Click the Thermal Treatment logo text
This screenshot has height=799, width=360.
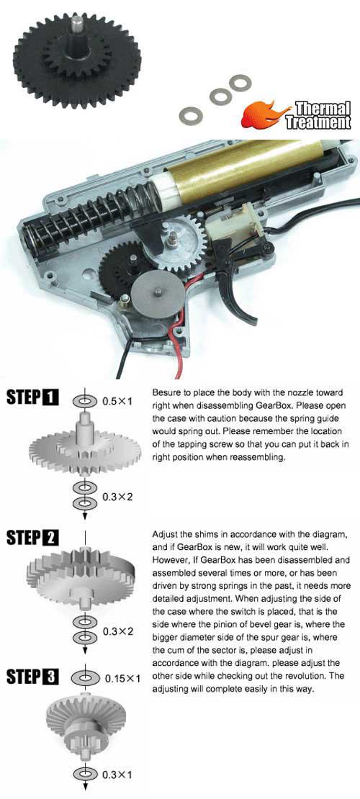tap(319, 116)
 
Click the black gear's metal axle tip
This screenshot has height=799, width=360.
tap(77, 22)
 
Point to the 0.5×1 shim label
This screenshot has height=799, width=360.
tap(117, 401)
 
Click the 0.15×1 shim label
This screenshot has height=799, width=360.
tap(122, 679)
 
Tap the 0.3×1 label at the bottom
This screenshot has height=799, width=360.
tap(117, 775)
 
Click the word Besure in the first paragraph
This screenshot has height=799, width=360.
tap(166, 394)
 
